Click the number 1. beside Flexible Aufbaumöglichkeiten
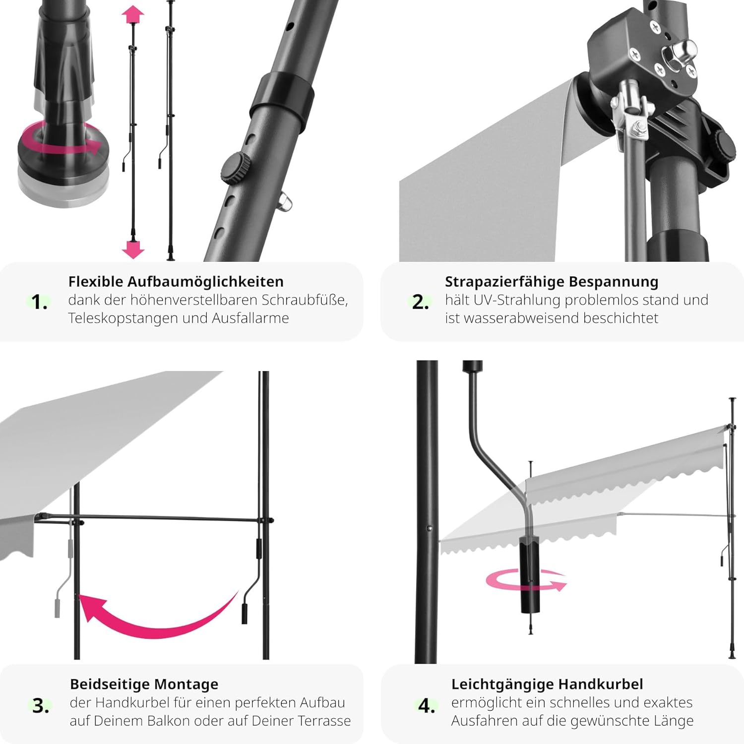click(39, 302)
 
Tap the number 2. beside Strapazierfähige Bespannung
click(420, 302)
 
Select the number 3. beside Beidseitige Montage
click(41, 705)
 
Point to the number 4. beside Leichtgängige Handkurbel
click(426, 705)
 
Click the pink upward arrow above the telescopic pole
click(132, 15)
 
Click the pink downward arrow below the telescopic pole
click(132, 248)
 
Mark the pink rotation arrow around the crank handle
click(526, 580)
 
